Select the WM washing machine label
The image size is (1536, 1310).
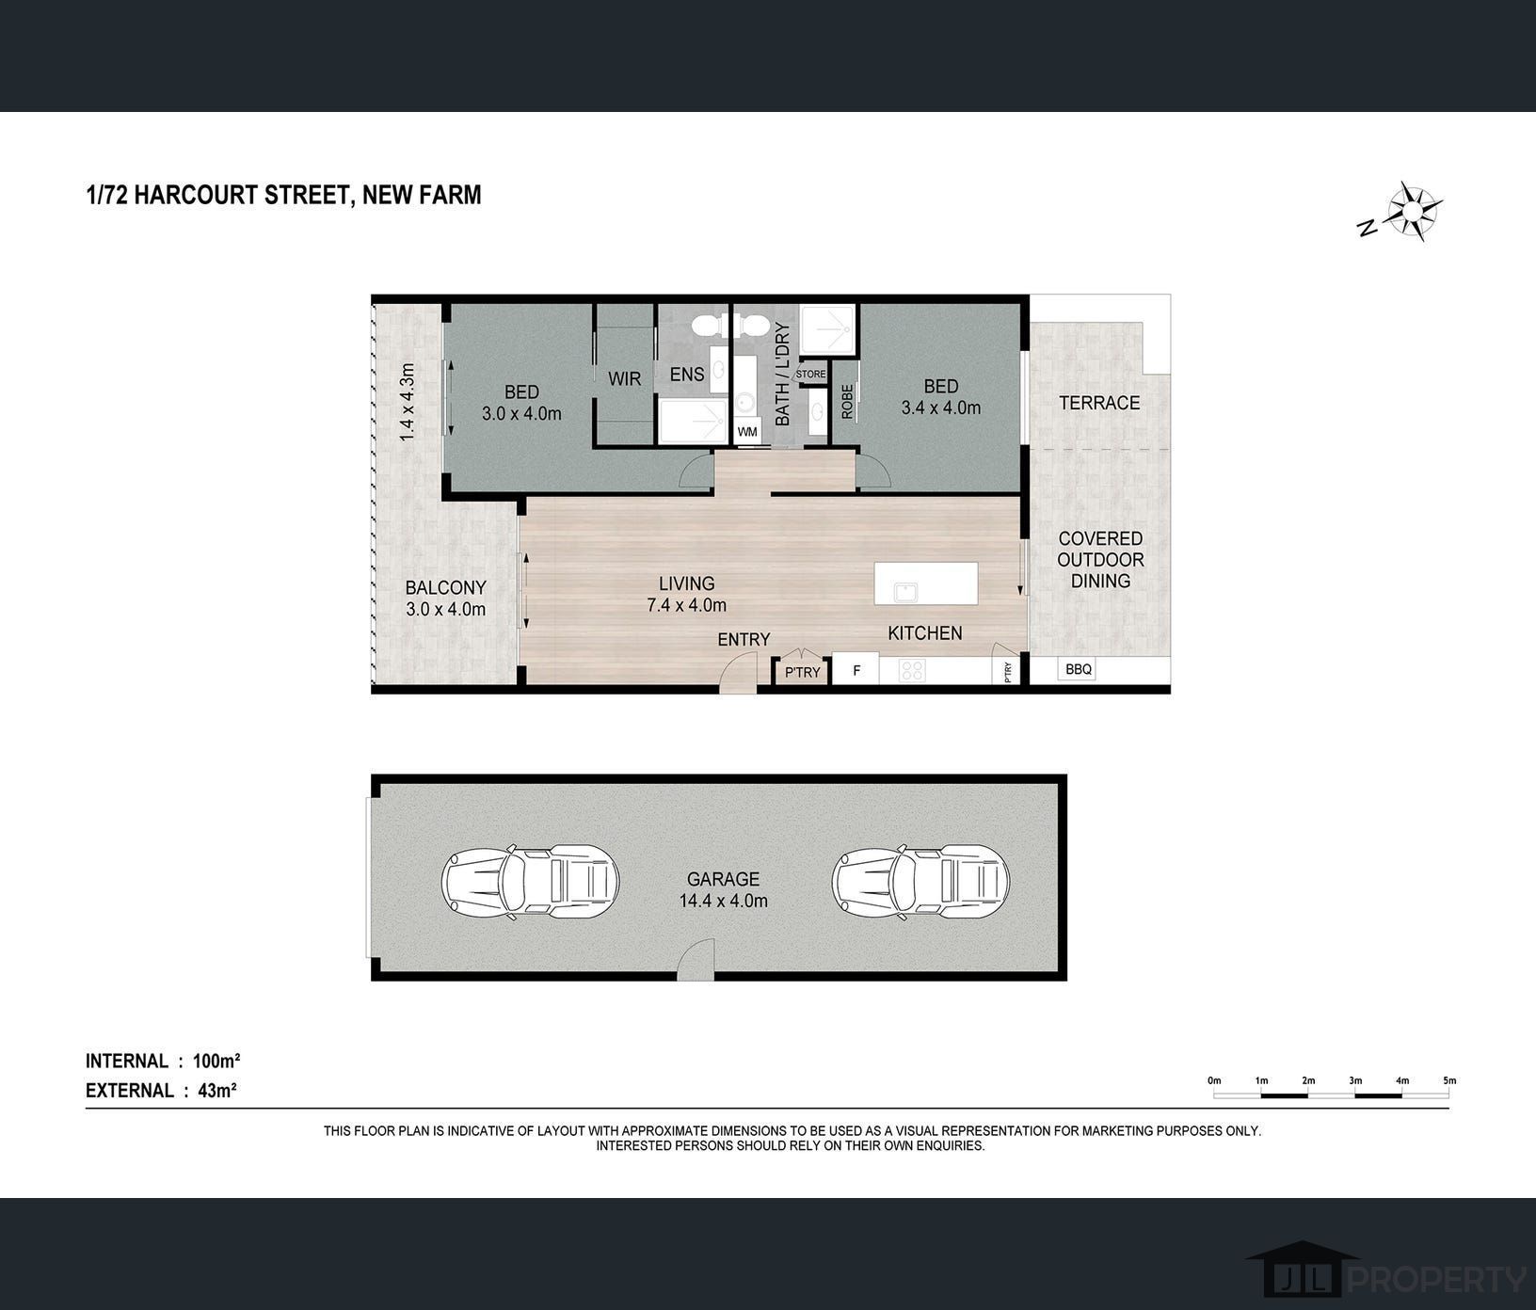click(x=747, y=432)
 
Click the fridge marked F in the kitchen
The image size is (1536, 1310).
click(x=856, y=670)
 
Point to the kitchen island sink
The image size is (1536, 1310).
click(x=906, y=592)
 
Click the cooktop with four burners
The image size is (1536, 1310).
click(x=912, y=670)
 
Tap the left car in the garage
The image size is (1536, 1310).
click(x=531, y=882)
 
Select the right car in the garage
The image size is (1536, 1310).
click(x=920, y=882)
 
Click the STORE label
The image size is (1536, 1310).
click(x=810, y=375)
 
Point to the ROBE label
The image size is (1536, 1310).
click(x=847, y=401)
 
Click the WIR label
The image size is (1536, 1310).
click(x=624, y=378)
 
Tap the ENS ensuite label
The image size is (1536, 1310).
click(x=687, y=374)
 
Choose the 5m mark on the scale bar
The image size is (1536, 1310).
click(x=1449, y=1080)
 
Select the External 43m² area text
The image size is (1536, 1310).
click(x=161, y=1091)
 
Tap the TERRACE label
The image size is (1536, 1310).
click(x=1099, y=403)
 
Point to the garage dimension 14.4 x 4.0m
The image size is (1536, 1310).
click(x=723, y=901)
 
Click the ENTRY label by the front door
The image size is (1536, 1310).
click(x=744, y=640)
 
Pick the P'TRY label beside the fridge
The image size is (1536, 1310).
click(x=803, y=672)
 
